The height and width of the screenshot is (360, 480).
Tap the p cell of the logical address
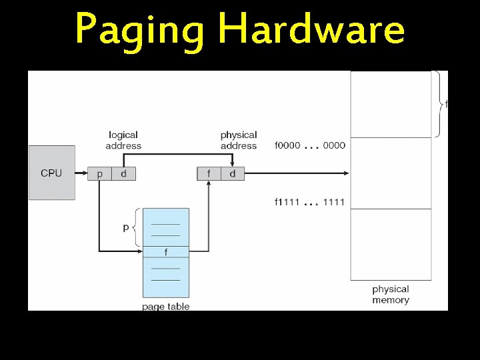(x=100, y=174)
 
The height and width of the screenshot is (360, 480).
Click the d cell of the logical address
(x=123, y=174)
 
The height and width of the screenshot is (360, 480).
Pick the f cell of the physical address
(x=209, y=174)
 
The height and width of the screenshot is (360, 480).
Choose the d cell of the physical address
(x=233, y=174)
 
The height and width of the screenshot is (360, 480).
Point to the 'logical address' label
(x=123, y=140)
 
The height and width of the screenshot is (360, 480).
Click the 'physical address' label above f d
(x=238, y=140)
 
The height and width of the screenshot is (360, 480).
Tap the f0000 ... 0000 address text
(x=310, y=145)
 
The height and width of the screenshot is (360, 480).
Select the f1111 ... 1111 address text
(x=310, y=202)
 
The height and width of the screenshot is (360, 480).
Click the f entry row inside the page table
(x=166, y=252)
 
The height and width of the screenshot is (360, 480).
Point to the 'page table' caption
(x=166, y=307)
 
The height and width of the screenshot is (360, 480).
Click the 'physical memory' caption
(x=391, y=295)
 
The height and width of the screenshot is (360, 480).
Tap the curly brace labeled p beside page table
(x=137, y=227)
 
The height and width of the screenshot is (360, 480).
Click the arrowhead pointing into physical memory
(x=346, y=174)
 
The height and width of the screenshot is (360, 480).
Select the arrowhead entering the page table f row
(x=140, y=251)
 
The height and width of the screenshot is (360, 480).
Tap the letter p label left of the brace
(x=126, y=227)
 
